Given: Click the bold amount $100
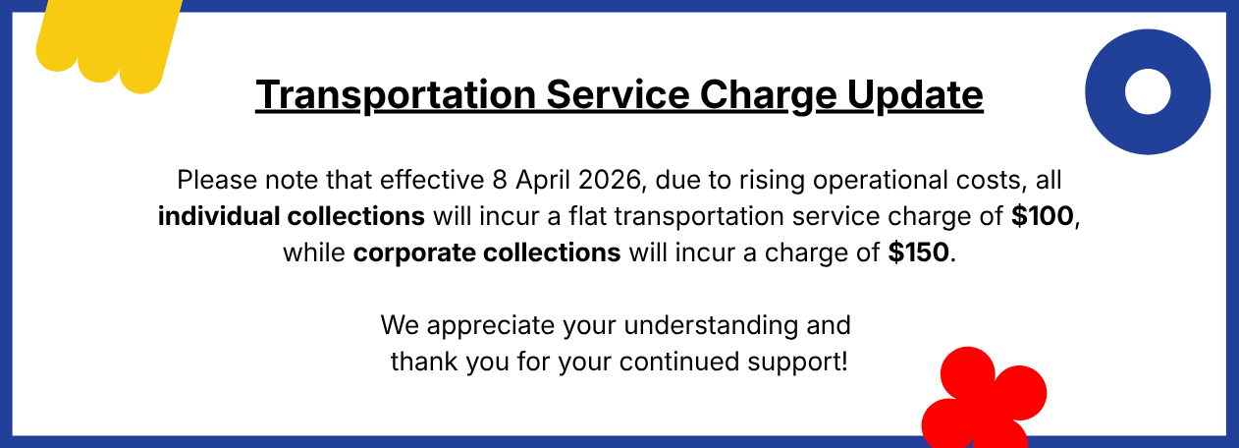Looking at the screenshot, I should tap(1044, 216).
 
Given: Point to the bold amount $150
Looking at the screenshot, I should tap(918, 252).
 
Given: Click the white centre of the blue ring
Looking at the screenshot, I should tap(1147, 91).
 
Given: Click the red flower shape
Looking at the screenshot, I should tap(982, 399).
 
